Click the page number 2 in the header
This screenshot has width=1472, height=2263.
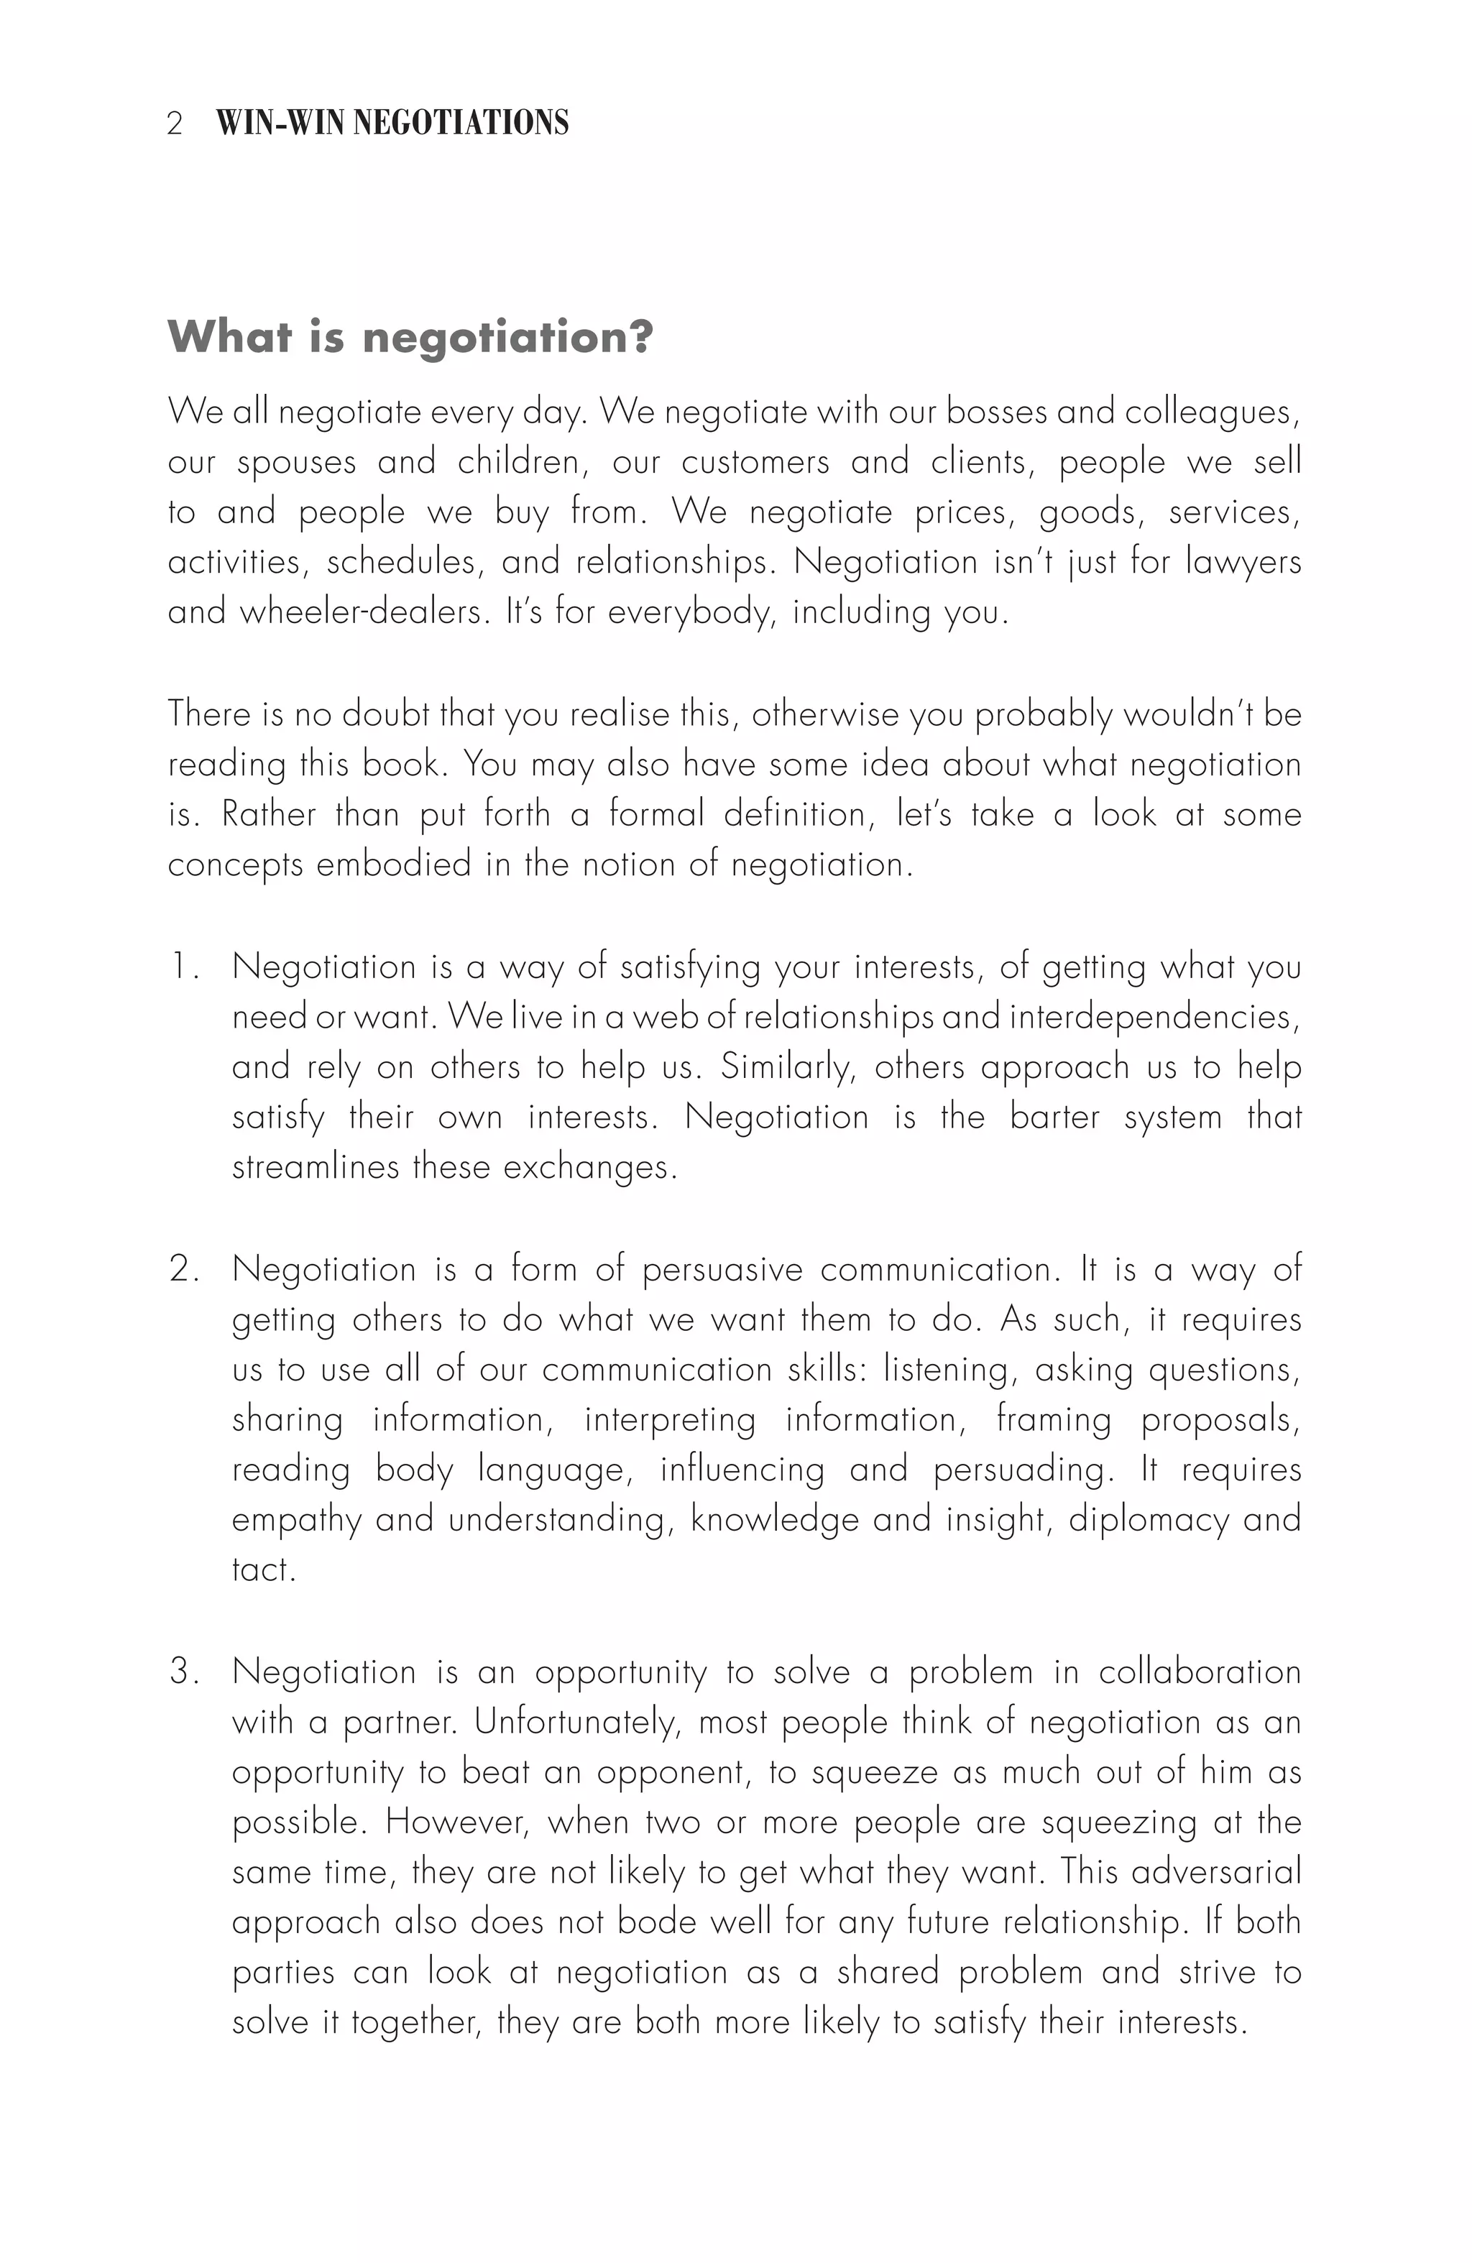[x=174, y=124]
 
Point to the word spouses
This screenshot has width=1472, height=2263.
[x=295, y=463]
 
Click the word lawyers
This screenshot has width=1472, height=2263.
[x=1243, y=562]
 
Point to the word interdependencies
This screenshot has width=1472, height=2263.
[x=1154, y=1018]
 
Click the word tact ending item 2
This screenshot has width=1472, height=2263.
[x=262, y=1570]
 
